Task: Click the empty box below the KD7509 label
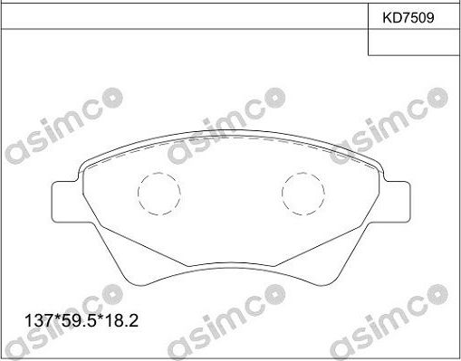[414, 42]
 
